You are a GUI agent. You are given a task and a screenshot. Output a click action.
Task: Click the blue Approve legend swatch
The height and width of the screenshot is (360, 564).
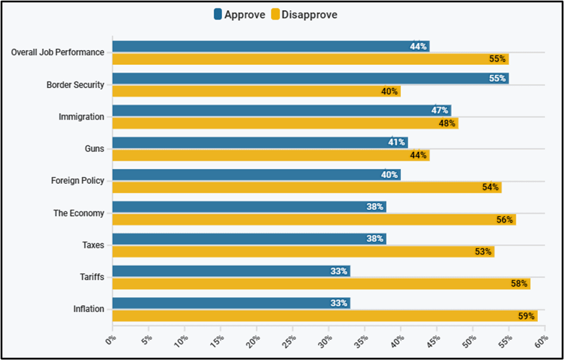click(x=218, y=15)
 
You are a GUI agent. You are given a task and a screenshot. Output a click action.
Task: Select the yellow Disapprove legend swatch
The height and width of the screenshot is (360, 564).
click(x=275, y=15)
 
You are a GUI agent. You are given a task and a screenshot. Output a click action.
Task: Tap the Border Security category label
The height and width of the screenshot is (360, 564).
click(x=75, y=85)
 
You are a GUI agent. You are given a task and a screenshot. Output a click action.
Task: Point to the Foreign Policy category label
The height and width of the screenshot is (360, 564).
click(x=77, y=181)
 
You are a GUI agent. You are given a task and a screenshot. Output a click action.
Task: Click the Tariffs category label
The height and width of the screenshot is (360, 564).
click(x=92, y=277)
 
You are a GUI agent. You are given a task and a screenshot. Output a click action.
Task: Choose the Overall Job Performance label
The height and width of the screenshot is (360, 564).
click(x=58, y=52)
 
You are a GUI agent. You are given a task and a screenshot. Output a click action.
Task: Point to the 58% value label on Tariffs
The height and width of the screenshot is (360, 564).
click(x=519, y=284)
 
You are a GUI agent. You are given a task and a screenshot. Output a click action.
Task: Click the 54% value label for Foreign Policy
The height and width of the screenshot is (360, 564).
click(x=490, y=187)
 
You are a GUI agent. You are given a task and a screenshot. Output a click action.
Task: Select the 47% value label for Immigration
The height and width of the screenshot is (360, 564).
click(x=440, y=111)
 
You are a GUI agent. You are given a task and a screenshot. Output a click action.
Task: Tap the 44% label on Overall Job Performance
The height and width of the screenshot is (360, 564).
click(x=418, y=46)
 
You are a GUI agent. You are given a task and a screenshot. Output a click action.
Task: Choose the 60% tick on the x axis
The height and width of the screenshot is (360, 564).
click(x=542, y=340)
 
